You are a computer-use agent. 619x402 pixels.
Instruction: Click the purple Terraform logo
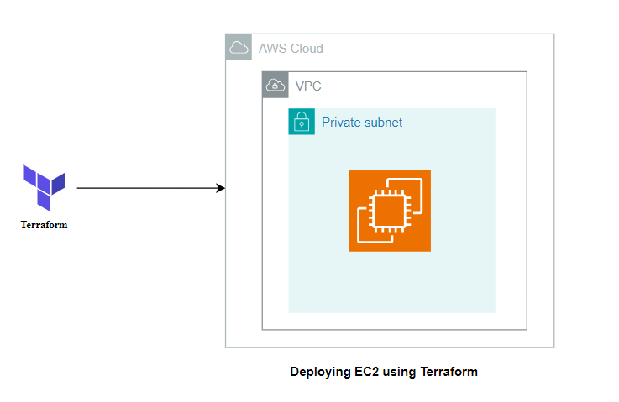(x=44, y=187)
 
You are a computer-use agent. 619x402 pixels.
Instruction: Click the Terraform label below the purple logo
(x=44, y=225)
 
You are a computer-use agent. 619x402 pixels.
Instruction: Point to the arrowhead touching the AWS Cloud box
(x=221, y=188)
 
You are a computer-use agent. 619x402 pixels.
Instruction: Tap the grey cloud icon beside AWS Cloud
(x=239, y=47)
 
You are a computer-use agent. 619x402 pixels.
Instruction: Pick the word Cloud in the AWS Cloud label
(x=306, y=49)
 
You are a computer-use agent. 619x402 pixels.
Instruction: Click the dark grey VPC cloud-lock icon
(x=275, y=85)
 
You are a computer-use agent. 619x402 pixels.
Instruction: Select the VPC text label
(x=308, y=86)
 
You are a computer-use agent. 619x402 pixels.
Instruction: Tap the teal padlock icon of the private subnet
(x=302, y=123)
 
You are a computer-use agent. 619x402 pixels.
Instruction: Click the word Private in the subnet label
(x=341, y=123)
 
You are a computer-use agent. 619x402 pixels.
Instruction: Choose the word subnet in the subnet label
(x=383, y=123)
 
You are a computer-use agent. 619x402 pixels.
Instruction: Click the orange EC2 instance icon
(x=390, y=211)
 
